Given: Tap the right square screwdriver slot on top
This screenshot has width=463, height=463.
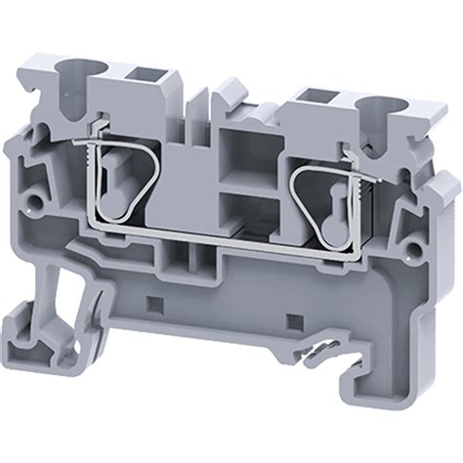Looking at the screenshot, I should pyautogui.click(x=316, y=97).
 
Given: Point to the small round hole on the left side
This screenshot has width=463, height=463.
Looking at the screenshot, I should pyautogui.click(x=37, y=204).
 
